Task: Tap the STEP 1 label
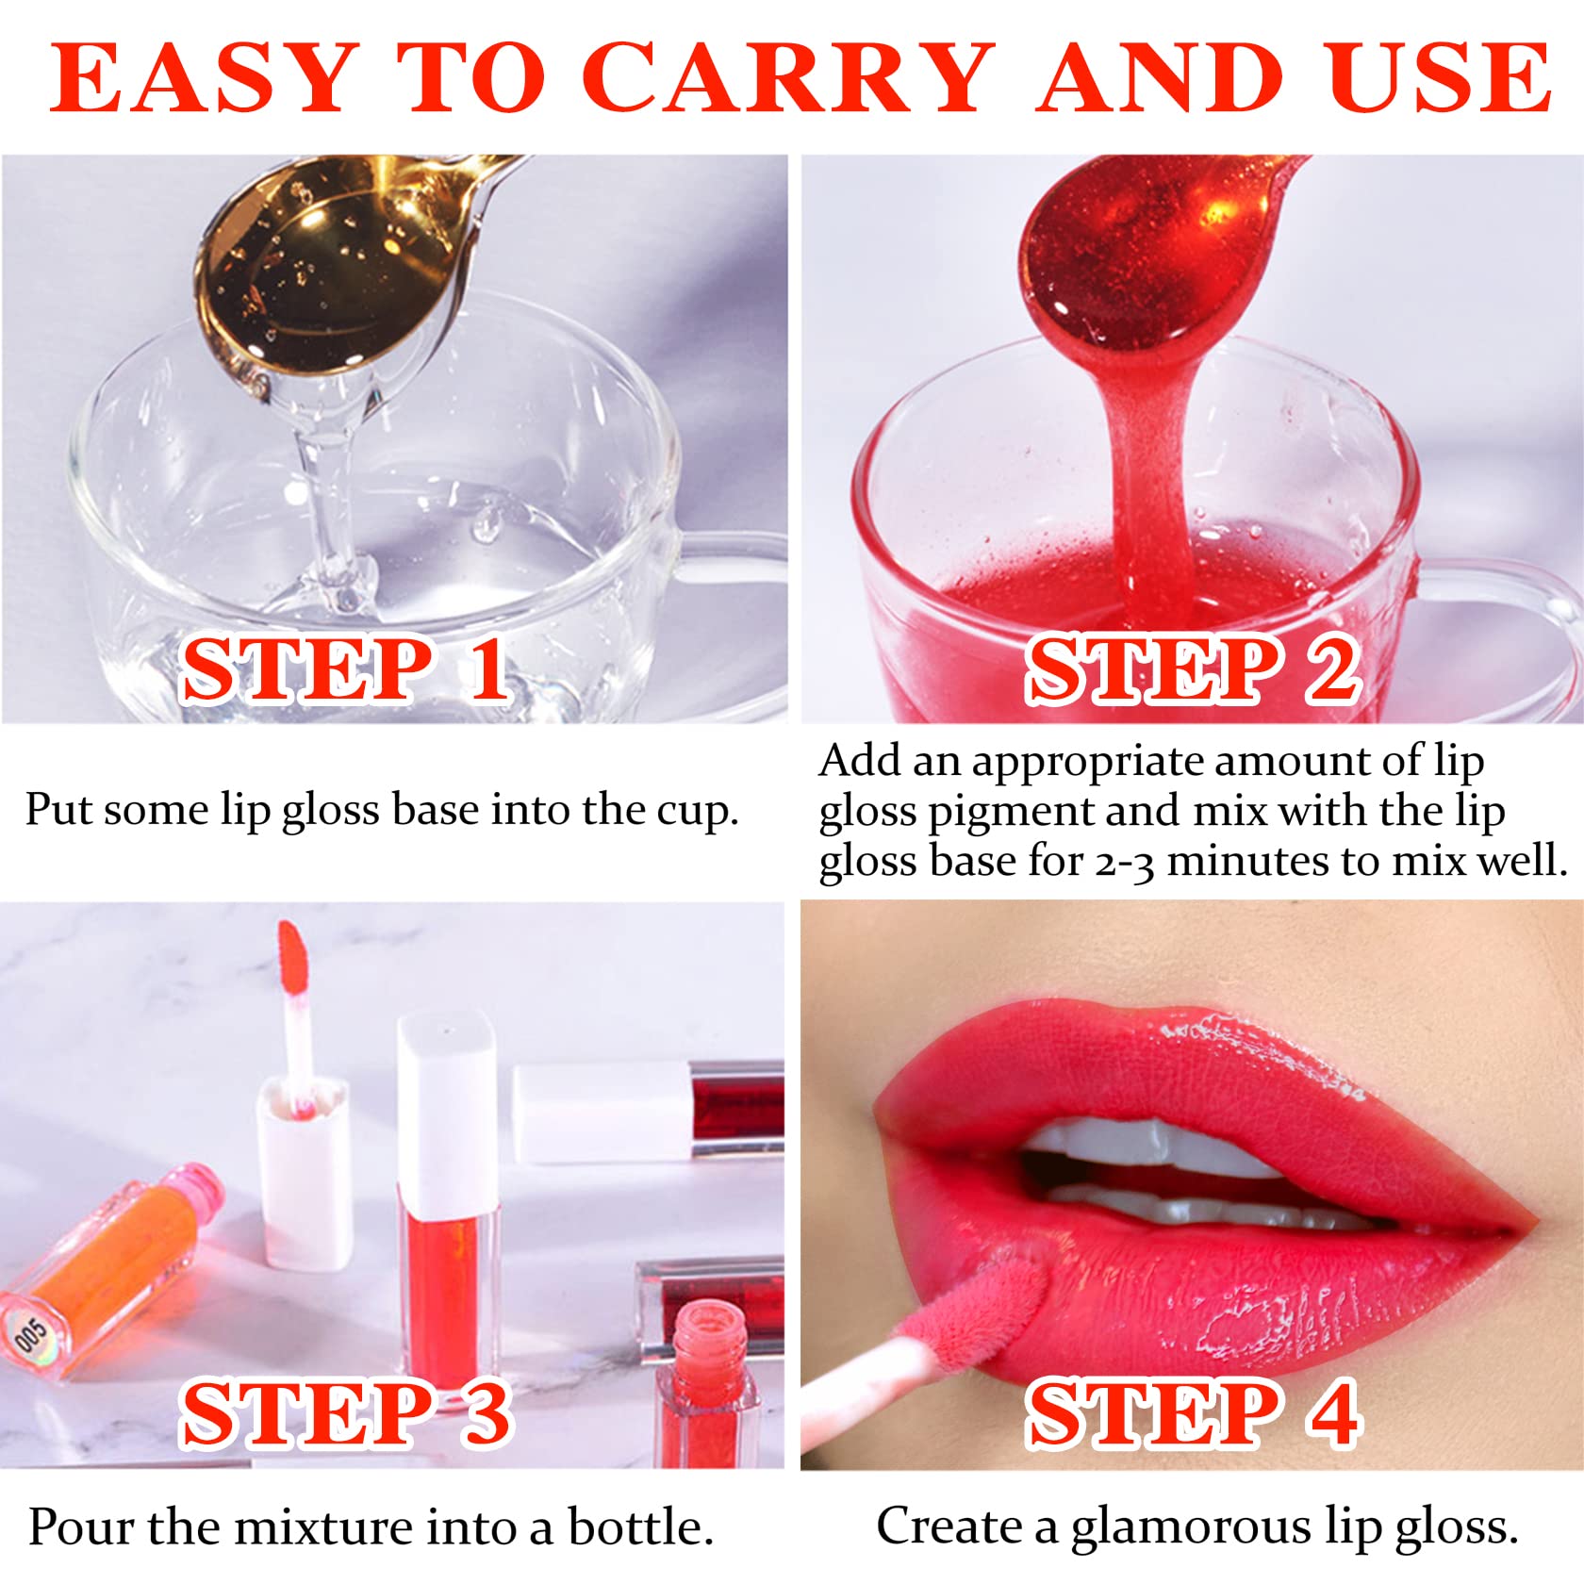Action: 345,669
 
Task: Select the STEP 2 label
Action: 1192,669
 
